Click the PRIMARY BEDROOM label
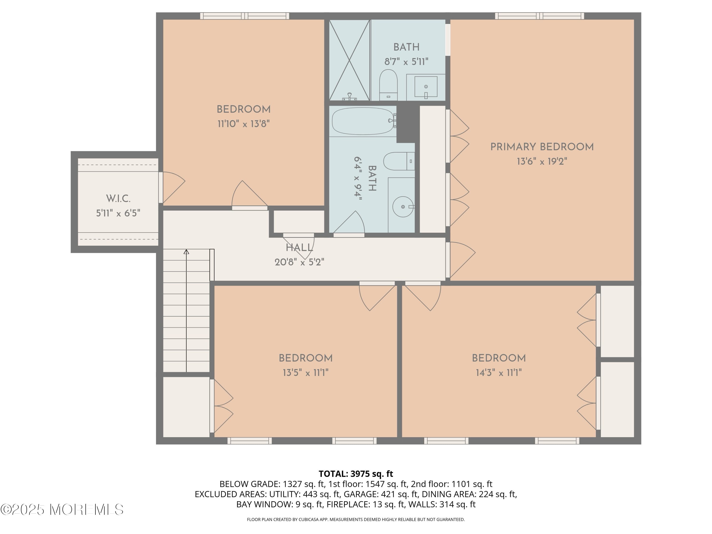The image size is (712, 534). coord(542,147)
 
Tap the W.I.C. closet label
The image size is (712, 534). coord(118,199)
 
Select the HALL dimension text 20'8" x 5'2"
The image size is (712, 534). coord(299,262)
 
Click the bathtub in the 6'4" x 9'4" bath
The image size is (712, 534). coord(362,121)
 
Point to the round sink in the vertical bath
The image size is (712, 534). coord(403,207)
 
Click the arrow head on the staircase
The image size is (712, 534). coord(186,252)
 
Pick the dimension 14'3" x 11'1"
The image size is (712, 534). coord(499,373)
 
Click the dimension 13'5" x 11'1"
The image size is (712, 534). coord(305,373)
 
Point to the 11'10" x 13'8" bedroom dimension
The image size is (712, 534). coord(243,124)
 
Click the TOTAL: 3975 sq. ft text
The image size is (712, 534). coord(356,474)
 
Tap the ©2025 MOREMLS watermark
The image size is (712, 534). coord(62,510)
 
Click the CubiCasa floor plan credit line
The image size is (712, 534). coord(356,520)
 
